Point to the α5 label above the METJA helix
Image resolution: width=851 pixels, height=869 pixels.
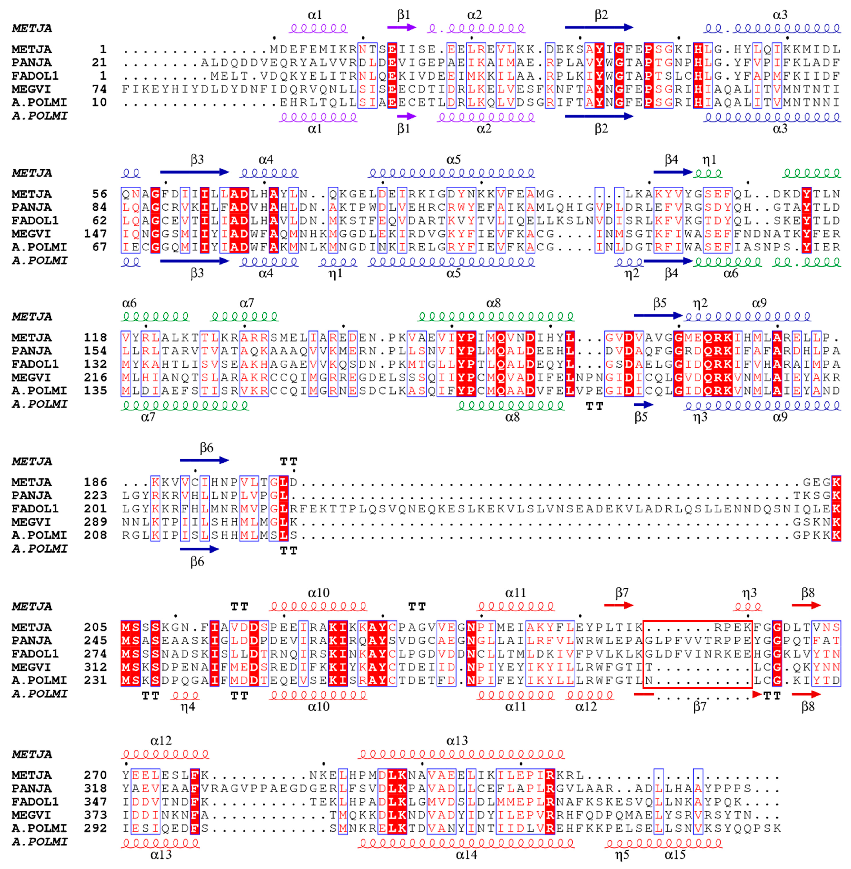[453, 160]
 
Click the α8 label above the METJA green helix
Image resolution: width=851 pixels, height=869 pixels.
[493, 303]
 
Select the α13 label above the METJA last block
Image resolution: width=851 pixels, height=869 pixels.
[457, 741]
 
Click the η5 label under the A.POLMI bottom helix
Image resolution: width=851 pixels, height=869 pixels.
[622, 855]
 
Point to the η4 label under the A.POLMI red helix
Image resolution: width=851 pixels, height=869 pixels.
[188, 707]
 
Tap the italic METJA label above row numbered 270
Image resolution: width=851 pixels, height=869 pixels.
[32, 754]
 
